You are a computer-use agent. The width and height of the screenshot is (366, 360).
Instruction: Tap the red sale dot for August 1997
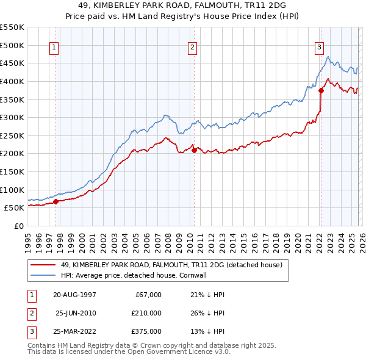point(56,201)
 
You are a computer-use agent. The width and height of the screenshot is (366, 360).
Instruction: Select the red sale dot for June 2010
point(194,150)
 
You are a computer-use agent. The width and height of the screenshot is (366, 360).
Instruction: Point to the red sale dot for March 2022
point(321,90)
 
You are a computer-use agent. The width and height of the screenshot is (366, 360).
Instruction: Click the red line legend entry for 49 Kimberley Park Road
point(171,265)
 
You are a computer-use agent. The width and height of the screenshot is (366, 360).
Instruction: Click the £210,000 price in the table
point(146,313)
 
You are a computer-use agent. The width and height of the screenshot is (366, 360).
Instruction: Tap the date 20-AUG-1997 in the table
point(74,295)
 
